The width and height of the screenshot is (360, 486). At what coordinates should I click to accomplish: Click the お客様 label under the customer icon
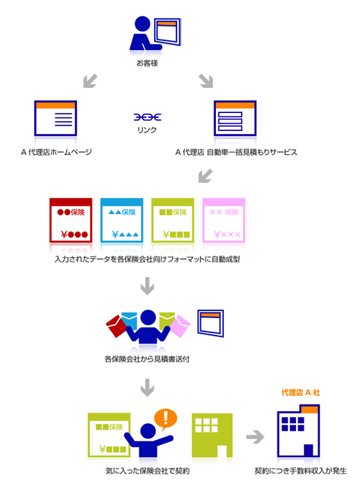pos(147,63)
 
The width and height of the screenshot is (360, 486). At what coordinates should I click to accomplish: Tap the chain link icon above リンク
pos(148,117)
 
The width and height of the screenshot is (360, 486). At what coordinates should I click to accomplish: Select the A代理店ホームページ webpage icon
pos(55,118)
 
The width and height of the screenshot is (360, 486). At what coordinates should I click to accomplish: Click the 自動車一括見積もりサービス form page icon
pos(235,118)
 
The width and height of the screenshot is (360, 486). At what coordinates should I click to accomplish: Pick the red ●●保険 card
pos(71,220)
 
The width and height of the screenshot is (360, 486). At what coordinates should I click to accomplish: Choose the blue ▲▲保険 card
pos(122,220)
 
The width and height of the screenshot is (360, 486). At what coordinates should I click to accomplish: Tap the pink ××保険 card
pos(224,220)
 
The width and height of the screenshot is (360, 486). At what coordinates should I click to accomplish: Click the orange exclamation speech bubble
pos(166,419)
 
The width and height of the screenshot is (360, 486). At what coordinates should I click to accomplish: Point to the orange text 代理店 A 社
pos(300,392)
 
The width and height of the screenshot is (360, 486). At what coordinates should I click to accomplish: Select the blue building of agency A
pos(298,431)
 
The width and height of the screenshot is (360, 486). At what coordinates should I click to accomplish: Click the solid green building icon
pos(212,435)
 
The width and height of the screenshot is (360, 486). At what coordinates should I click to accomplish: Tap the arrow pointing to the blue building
pos(255,437)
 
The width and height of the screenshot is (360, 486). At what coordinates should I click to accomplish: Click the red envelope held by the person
pos(115,326)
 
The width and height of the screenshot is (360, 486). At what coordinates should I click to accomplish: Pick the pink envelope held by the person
pos(180,326)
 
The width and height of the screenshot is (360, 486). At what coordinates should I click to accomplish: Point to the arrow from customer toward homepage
pos(90,81)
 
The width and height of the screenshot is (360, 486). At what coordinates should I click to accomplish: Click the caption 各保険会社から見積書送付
pos(147,359)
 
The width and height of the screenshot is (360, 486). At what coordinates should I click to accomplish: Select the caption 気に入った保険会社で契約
pos(148,471)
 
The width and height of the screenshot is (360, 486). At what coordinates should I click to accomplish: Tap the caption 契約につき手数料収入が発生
pos(300,471)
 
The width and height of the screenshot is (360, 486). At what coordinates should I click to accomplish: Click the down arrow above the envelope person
pos(148,286)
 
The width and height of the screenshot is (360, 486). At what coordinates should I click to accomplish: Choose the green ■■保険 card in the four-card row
pos(173,220)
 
